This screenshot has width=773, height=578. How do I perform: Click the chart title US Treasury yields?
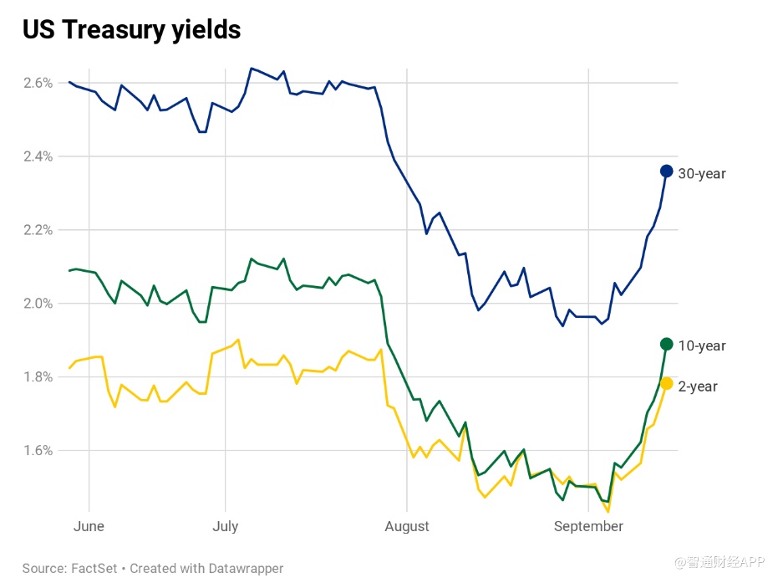131,30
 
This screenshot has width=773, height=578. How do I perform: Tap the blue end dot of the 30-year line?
667,171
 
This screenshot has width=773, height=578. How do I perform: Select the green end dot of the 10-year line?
667,344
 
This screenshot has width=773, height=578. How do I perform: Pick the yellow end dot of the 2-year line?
667,383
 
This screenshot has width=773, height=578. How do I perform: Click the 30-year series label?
702,174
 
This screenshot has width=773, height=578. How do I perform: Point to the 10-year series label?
702,346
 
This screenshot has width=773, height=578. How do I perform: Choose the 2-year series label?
698,386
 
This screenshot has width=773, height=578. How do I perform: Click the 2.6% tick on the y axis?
38,83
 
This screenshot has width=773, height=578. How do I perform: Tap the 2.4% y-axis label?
38,156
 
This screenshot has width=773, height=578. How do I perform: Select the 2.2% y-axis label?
38,230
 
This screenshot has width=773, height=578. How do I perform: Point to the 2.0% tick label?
38,304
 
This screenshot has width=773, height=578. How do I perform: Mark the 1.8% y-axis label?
38,377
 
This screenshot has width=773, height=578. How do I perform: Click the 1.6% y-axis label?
38,451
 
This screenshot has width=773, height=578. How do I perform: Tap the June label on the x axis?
89,526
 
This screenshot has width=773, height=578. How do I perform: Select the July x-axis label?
226,526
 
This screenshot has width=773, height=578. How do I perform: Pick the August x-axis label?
407,526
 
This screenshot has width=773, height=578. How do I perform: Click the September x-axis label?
588,526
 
